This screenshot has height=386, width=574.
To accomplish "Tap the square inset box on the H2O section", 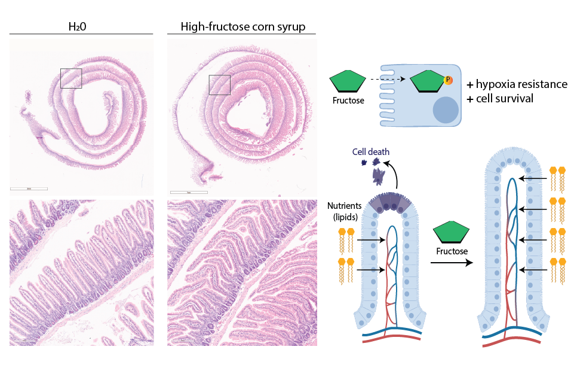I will point(71,78).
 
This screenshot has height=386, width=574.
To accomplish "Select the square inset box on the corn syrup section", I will point(219,85).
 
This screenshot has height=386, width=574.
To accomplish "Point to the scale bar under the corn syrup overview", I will point(189,192).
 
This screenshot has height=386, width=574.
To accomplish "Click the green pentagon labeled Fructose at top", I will point(348,81).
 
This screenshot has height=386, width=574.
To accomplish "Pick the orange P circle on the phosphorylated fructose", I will point(449,80).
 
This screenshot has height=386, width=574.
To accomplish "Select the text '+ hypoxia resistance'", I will point(517,84).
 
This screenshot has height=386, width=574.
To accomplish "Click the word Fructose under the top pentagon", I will point(348,101).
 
